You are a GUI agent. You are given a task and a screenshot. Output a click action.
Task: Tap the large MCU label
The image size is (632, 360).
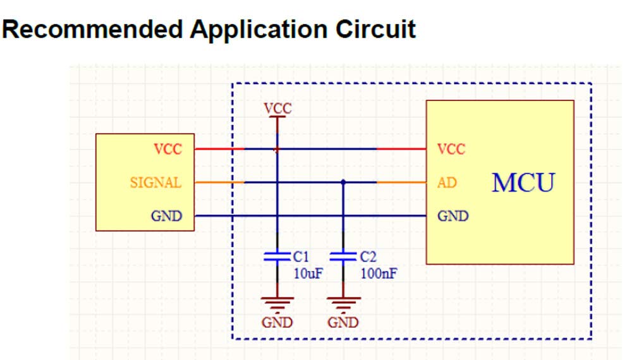523,183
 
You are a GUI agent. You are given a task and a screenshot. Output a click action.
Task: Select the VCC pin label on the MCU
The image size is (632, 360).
451,150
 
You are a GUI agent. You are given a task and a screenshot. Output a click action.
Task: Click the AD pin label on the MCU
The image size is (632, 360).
447,183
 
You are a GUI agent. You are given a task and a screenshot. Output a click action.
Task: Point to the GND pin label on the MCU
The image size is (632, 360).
453,217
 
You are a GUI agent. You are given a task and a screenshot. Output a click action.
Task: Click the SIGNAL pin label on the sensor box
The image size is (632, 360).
155,183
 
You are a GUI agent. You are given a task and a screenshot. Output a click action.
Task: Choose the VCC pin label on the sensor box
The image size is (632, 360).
167,150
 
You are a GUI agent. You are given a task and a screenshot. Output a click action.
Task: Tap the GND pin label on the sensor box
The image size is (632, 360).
166,217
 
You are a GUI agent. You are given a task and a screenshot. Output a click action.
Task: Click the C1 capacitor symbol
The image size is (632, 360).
277,256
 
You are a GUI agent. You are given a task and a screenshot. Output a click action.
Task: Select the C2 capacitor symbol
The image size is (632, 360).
343,256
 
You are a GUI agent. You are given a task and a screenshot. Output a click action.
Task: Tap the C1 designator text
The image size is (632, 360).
301,257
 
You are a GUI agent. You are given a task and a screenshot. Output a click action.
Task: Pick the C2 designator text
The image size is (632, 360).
368,257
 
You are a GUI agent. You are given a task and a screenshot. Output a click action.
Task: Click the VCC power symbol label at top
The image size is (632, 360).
278,108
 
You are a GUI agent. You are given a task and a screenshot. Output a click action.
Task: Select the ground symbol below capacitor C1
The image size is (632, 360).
277,303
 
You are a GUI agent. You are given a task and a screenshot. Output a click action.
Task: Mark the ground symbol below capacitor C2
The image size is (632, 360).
343,303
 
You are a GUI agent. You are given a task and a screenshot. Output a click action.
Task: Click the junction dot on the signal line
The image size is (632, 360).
343,183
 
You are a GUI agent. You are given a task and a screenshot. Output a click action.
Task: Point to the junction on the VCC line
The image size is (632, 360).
277,150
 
